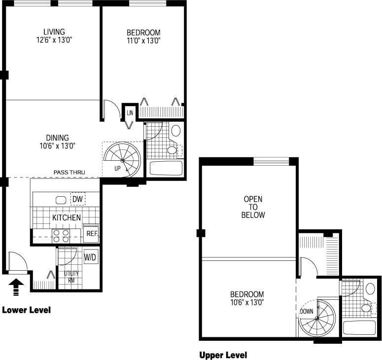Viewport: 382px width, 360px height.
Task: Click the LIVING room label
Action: click(54, 32)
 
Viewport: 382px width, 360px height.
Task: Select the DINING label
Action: click(58, 138)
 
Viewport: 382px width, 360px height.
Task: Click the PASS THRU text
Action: click(69, 173)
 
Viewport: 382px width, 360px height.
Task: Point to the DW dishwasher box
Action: click(77, 199)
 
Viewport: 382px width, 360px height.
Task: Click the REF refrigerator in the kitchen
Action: click(91, 233)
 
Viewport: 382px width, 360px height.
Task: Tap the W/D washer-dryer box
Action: click(90, 257)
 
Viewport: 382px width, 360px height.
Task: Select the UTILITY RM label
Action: click(68, 277)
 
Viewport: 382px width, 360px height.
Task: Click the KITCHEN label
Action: click(67, 217)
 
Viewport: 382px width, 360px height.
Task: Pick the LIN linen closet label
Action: click(130, 113)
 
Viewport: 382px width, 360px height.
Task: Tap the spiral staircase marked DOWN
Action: click(317, 319)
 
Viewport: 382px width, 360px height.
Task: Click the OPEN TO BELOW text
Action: click(253, 207)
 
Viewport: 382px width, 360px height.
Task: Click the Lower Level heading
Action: click(26, 310)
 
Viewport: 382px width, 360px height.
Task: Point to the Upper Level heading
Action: click(223, 355)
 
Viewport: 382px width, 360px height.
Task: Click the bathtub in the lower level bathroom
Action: click(166, 168)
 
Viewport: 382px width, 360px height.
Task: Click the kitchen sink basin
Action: click(61, 200)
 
